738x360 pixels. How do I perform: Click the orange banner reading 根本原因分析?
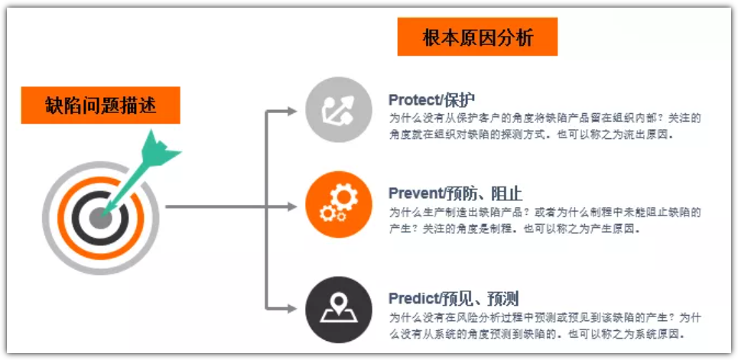click(477, 37)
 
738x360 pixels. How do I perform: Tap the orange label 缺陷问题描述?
click(101, 105)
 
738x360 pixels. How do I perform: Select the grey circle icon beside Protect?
click(339, 110)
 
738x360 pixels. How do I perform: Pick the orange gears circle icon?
click(339, 205)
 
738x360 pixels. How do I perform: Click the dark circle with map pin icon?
click(339, 310)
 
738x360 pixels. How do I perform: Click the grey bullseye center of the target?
click(100, 219)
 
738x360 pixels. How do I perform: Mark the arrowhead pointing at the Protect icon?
click(292, 111)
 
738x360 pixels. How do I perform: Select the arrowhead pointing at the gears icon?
click(292, 206)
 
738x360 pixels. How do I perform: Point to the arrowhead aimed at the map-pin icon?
click(292, 309)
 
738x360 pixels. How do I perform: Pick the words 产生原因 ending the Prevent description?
click(616, 229)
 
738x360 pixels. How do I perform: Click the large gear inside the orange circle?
click(344, 198)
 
